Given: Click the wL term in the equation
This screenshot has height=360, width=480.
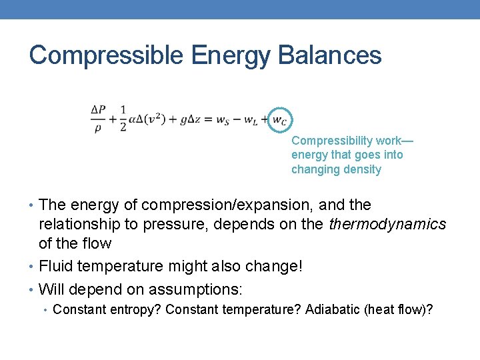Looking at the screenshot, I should tap(252, 120).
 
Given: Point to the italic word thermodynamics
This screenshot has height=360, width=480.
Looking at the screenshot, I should tap(387, 224).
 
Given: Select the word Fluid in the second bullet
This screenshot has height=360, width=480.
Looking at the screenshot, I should tap(54, 267).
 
